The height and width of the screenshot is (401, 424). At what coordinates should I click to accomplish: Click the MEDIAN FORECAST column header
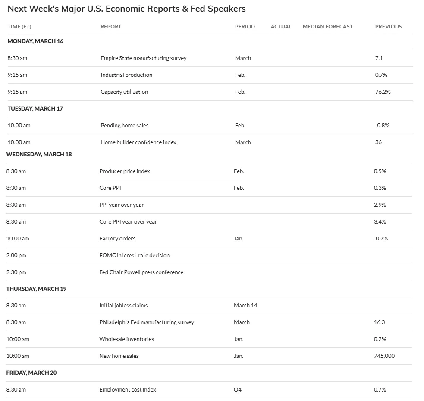[x=327, y=27]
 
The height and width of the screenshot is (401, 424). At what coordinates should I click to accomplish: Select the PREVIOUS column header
[x=388, y=27]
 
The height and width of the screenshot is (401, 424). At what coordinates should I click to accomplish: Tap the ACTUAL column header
[x=281, y=27]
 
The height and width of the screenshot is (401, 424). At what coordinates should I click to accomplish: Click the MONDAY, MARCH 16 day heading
[x=35, y=41]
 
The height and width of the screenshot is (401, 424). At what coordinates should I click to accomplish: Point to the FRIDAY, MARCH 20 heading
[x=31, y=373]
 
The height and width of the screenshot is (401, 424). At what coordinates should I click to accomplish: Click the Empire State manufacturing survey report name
[x=143, y=58]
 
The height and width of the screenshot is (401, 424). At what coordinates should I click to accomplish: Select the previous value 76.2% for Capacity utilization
[x=383, y=92]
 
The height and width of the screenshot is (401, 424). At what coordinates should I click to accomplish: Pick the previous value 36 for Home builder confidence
[x=378, y=142]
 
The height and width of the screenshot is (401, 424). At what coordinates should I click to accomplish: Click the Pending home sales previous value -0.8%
[x=382, y=126]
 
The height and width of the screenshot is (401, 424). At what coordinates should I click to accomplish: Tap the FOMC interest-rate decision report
[x=134, y=256]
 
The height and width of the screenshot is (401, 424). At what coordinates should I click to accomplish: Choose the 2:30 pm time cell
[x=16, y=272]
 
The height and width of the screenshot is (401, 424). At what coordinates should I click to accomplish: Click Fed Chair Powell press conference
[x=141, y=272]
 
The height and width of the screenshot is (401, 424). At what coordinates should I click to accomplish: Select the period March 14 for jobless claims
[x=245, y=306]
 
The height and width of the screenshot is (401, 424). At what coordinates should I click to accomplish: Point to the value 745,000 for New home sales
[x=384, y=356]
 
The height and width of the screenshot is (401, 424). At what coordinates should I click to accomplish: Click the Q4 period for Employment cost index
[x=238, y=390]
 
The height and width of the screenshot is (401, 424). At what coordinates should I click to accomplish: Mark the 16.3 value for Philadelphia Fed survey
[x=379, y=322]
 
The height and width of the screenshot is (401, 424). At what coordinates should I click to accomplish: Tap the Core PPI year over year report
[x=128, y=222]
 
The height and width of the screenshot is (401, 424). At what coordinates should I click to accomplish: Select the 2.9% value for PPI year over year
[x=380, y=205]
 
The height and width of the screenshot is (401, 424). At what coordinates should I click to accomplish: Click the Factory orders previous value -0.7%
[x=381, y=239]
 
